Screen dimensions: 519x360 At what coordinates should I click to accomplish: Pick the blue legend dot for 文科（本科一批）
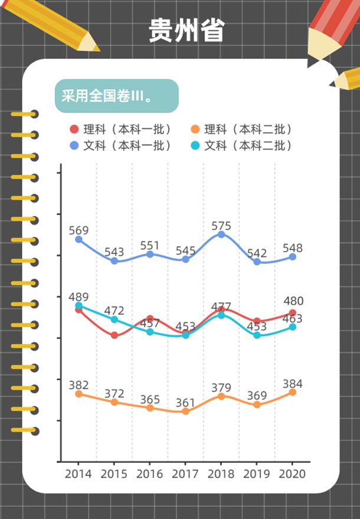[74, 145]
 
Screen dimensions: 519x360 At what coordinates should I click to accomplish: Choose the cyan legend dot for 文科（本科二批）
[195, 145]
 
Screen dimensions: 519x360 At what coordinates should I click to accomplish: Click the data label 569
[78, 230]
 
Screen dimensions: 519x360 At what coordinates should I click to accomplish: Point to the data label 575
[221, 226]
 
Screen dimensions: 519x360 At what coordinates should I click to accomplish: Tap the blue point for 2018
[221, 234]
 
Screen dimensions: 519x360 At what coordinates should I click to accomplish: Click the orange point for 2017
[185, 411]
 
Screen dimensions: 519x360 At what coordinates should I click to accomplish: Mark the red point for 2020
[292, 313]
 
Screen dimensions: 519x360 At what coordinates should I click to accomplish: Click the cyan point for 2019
[257, 335]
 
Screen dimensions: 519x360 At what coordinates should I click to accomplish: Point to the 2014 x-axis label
[78, 474]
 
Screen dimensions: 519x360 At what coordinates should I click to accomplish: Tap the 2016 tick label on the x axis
[150, 474]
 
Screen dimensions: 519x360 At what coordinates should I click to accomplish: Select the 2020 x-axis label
[292, 474]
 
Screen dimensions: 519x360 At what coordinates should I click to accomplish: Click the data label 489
[78, 297]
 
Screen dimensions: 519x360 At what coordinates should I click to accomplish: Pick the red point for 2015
[114, 335]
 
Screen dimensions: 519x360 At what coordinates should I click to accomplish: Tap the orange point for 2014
[78, 394]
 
